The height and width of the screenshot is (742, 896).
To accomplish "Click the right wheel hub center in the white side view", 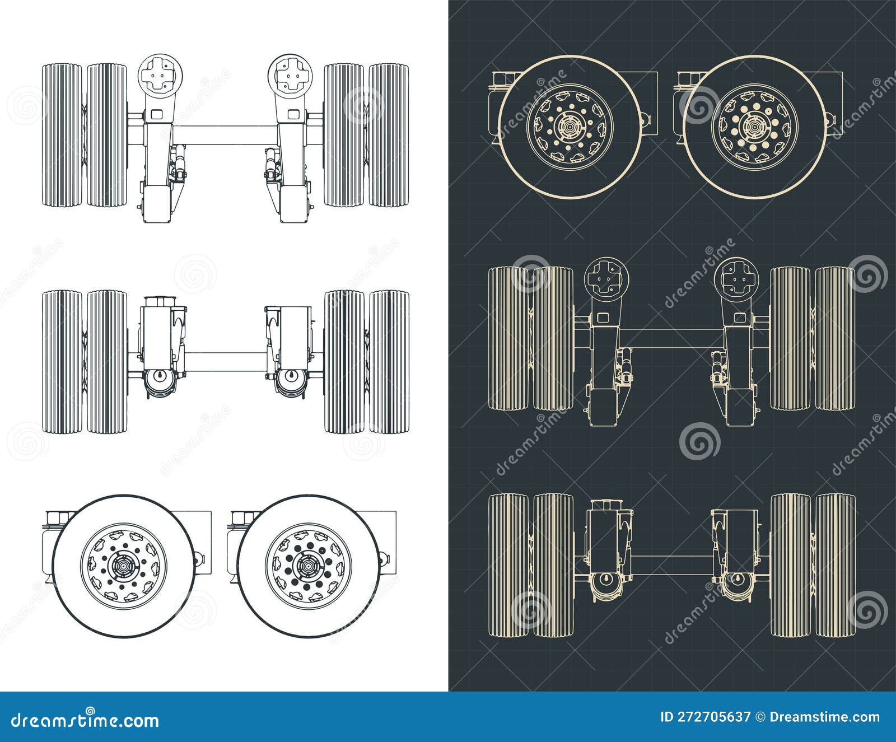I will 306,566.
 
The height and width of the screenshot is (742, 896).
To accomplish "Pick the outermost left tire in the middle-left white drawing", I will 62,361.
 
